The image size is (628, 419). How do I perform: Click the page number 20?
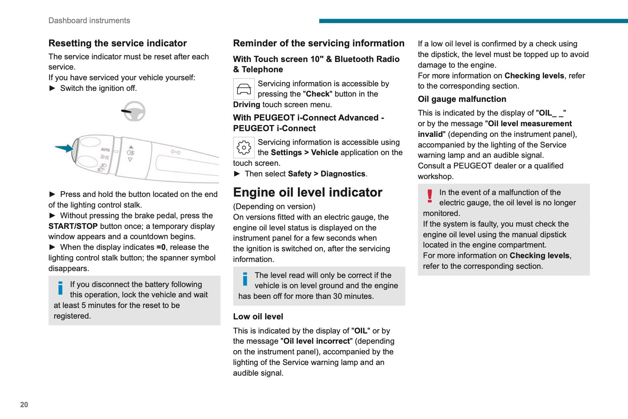[24, 405]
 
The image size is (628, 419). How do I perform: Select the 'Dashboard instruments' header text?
[89, 21]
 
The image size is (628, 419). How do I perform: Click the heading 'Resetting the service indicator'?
[117, 43]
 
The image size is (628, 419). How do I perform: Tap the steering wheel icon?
[134, 111]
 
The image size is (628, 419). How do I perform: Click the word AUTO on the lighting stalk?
[105, 150]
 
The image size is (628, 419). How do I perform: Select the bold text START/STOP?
[73, 226]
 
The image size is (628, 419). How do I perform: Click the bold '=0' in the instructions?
[161, 247]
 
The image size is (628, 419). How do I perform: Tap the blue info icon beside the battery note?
[60, 288]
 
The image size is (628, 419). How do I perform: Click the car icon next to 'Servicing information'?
[244, 89]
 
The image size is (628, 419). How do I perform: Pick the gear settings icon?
[244, 148]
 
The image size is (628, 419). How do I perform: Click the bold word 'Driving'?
[247, 105]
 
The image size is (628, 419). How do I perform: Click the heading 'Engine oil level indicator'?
[307, 192]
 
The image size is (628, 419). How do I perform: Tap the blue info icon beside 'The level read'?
[245, 279]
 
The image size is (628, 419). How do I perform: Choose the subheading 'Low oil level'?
[258, 317]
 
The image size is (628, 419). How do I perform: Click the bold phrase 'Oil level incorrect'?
[316, 341]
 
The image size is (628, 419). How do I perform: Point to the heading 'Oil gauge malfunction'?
[462, 99]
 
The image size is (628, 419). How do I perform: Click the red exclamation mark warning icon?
[430, 196]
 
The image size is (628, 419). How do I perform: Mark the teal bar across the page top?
[473, 21]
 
